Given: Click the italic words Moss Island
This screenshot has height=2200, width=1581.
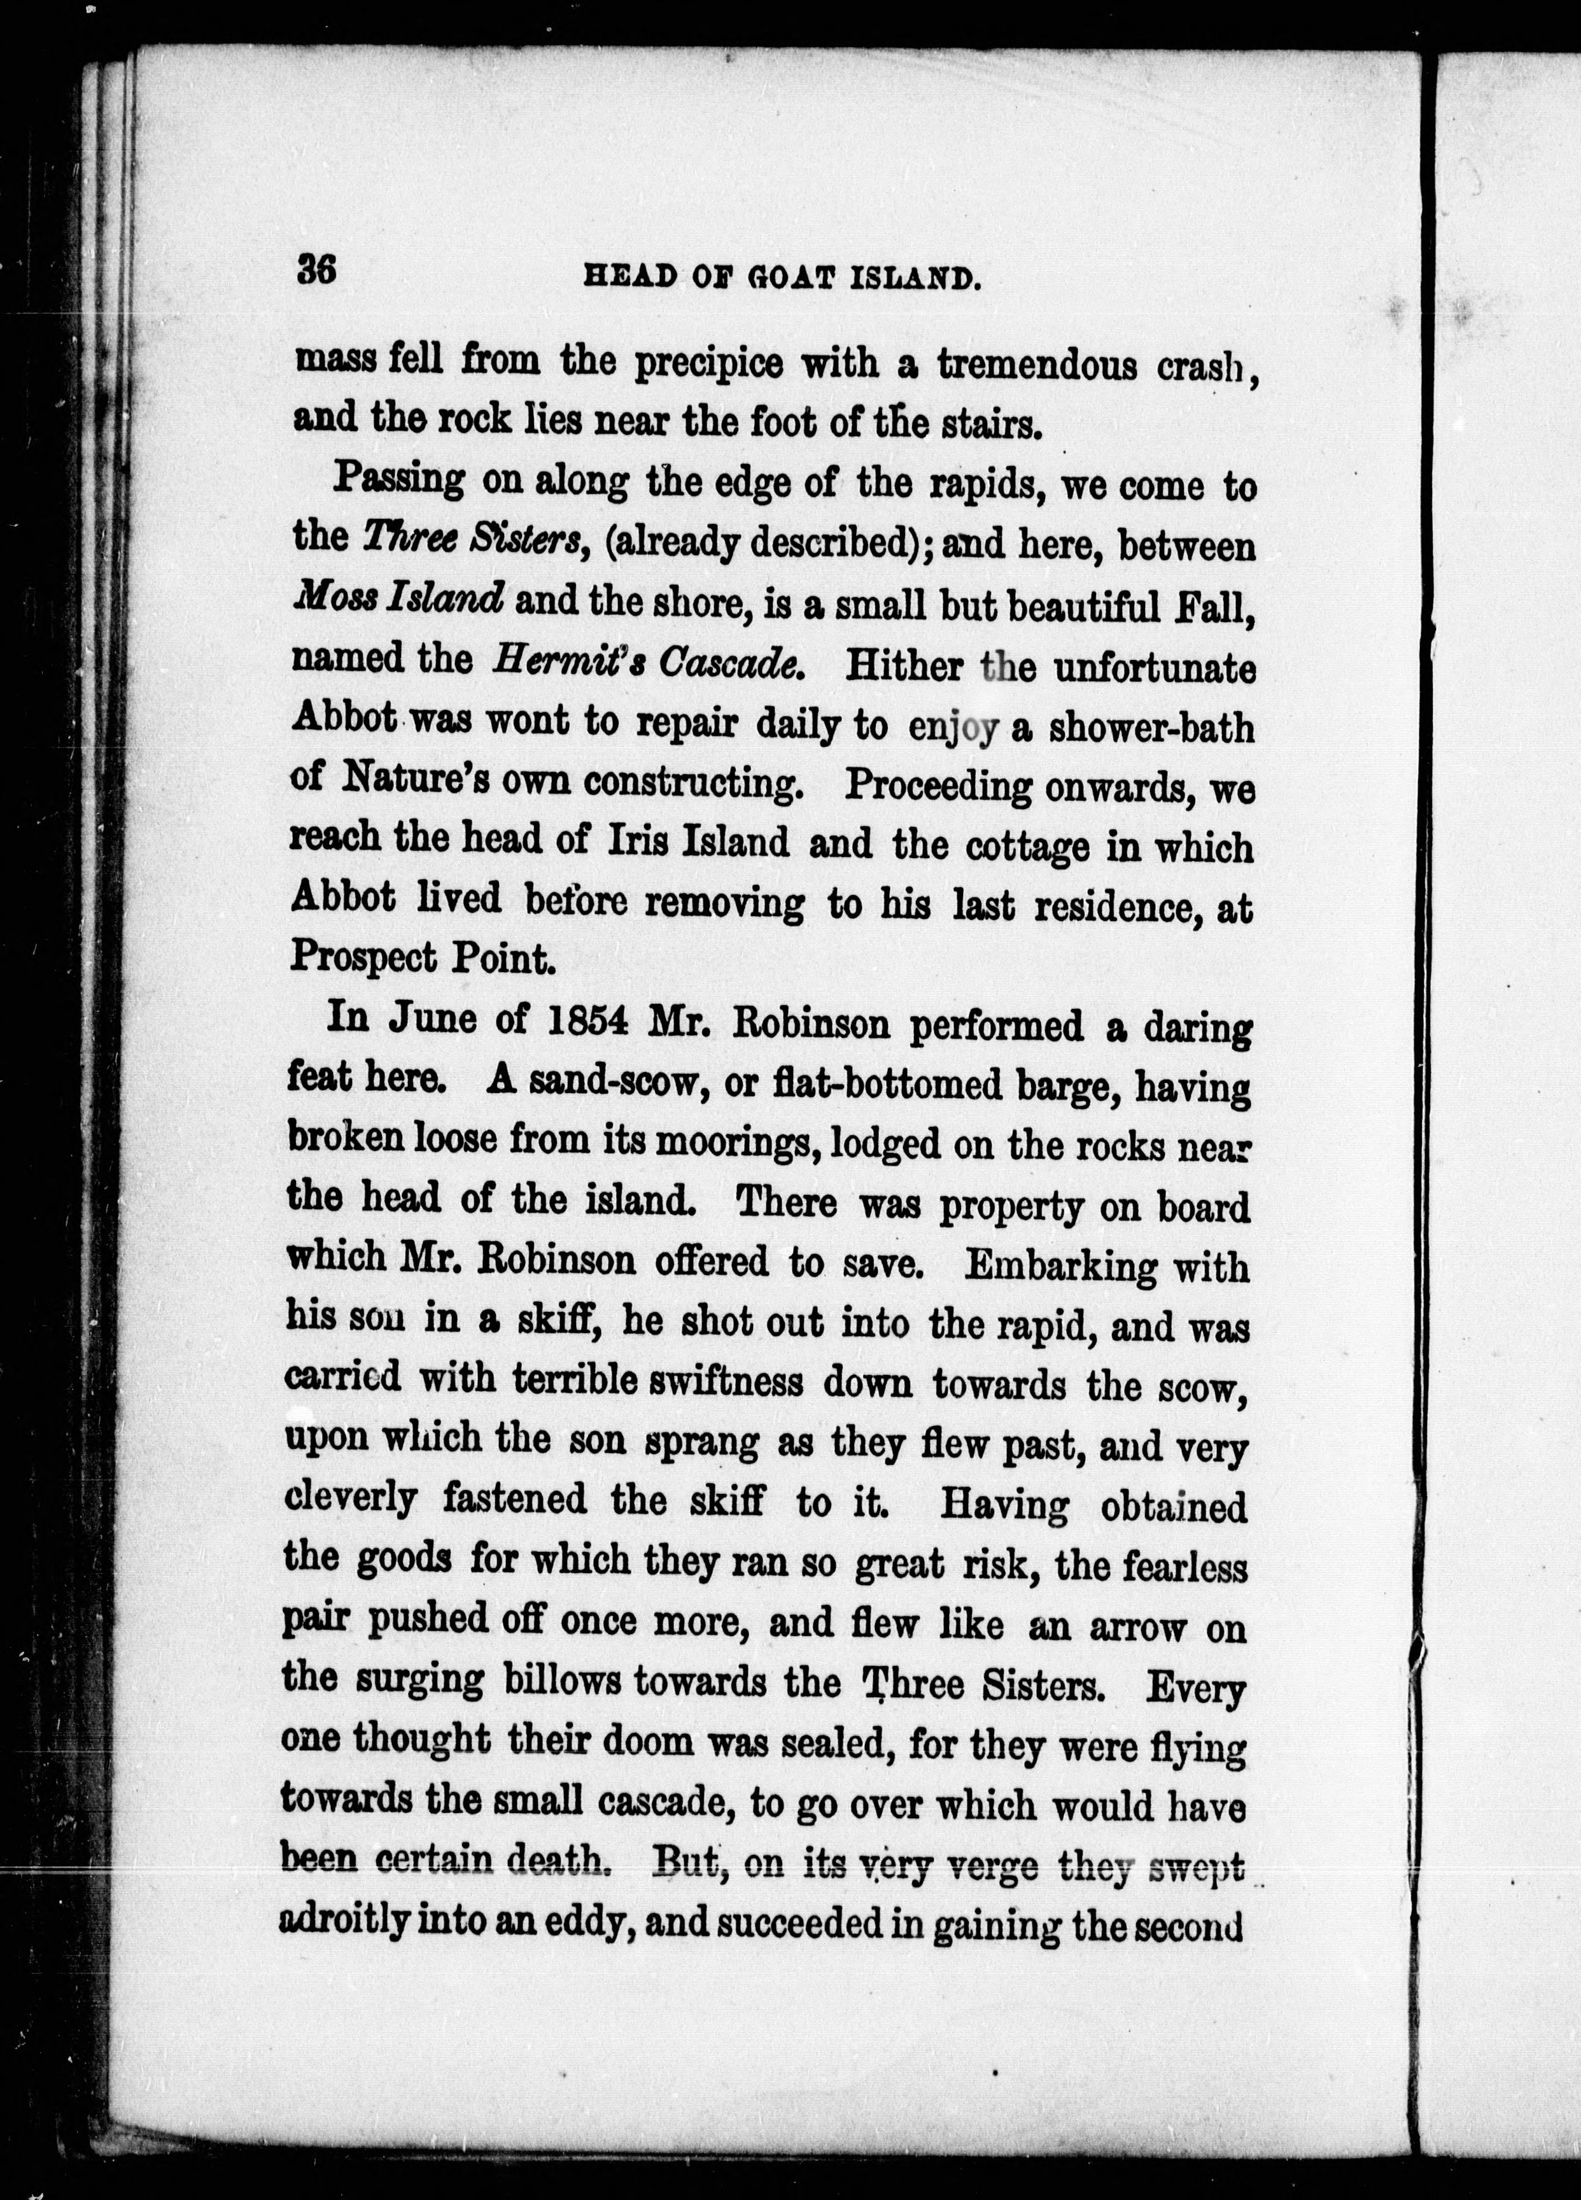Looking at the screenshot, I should pyautogui.click(x=397, y=600).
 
